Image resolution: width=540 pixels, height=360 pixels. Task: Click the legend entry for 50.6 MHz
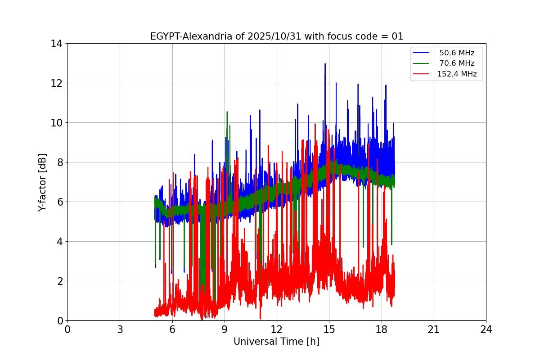coord(456,53)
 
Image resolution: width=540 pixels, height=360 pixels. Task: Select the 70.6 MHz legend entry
coord(456,63)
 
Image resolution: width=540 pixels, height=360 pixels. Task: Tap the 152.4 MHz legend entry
coord(456,74)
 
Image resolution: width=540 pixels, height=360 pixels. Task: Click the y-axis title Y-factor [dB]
coord(42,182)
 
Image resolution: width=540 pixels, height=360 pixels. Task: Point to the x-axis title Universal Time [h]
coord(276,342)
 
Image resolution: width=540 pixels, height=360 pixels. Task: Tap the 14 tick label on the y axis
coord(56,44)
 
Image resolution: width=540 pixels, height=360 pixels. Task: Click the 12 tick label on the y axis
coord(56,83)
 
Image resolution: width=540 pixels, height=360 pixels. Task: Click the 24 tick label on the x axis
coord(486,329)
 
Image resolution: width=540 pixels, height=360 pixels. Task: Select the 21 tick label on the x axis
coord(434,329)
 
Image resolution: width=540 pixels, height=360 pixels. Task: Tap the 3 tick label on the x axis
coord(120,329)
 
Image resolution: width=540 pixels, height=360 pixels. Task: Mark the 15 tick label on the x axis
coord(329,329)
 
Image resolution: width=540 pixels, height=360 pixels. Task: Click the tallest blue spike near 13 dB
coord(325,64)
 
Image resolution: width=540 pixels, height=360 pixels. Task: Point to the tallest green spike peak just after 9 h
coord(227,112)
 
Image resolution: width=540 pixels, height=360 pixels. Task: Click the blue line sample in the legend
coord(422,53)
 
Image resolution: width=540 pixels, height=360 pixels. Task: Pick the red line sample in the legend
coord(422,74)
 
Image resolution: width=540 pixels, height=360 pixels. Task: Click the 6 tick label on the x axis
coord(172,329)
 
